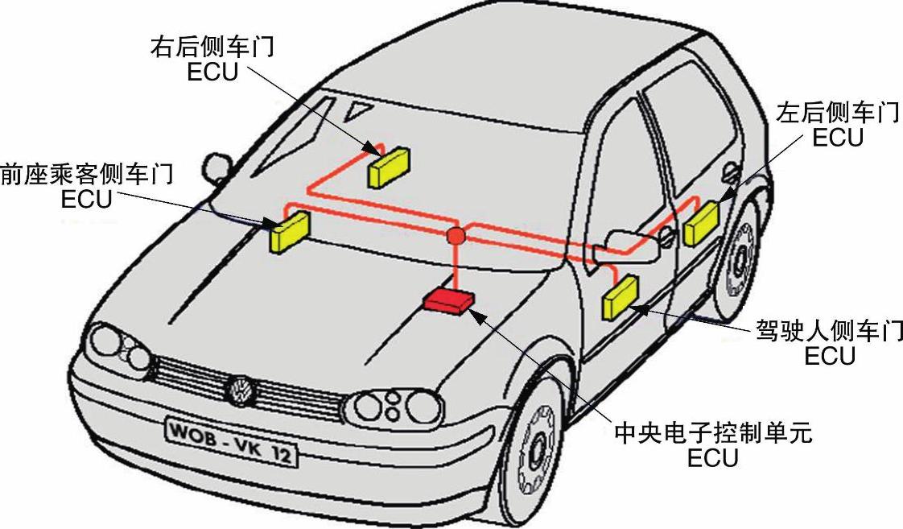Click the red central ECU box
click(x=449, y=301)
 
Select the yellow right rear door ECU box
click(x=390, y=167)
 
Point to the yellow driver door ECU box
click(x=620, y=297)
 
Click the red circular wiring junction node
click(x=456, y=236)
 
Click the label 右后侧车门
click(x=212, y=48)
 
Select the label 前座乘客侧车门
click(x=87, y=173)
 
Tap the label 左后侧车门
click(x=837, y=113)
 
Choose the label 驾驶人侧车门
click(x=829, y=331)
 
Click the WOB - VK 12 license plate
click(x=231, y=441)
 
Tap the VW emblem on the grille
click(x=240, y=391)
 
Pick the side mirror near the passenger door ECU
click(x=216, y=167)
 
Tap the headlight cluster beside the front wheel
click(x=395, y=406)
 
